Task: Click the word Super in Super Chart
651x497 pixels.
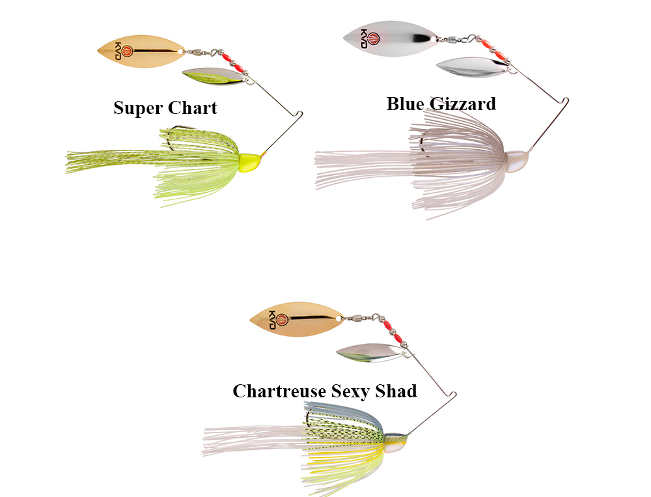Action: point(138,107)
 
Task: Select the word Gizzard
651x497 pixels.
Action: point(464,104)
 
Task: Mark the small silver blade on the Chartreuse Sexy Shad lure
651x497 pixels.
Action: point(367,352)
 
